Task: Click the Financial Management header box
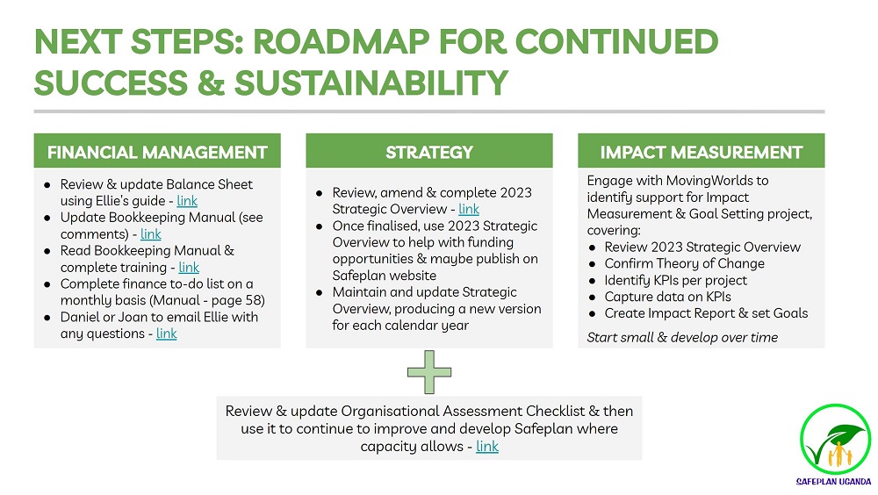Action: coord(157,152)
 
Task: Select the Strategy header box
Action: coord(429,152)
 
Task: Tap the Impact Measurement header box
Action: coord(701,152)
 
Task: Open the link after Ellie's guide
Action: coord(187,201)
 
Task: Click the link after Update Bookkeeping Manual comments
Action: coord(151,234)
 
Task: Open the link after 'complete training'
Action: coord(189,268)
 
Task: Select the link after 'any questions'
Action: coord(167,334)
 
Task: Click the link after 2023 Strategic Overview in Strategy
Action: coord(469,209)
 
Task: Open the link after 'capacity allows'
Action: coord(487,447)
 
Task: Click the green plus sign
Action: coord(429,372)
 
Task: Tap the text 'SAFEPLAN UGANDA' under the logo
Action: coord(834,481)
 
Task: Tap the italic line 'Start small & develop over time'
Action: coord(682,338)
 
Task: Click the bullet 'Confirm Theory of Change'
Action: coord(684,263)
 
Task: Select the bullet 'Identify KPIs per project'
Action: coord(675,280)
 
